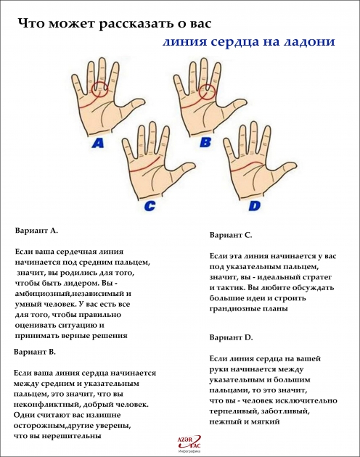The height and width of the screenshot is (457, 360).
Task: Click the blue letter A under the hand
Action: pyautogui.click(x=97, y=144)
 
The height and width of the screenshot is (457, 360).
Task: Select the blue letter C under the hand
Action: pyautogui.click(x=150, y=206)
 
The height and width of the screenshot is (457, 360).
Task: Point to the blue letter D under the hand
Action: pyautogui.click(x=254, y=206)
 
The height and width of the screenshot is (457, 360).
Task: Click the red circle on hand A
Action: pyautogui.click(x=102, y=90)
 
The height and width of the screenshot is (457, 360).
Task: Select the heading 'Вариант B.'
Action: pyautogui.click(x=35, y=351)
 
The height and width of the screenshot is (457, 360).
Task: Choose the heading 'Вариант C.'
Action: pyautogui.click(x=231, y=235)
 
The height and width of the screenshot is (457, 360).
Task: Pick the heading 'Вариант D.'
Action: pyautogui.click(x=231, y=338)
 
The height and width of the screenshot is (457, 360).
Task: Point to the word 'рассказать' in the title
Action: pyautogui.click(x=135, y=23)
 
